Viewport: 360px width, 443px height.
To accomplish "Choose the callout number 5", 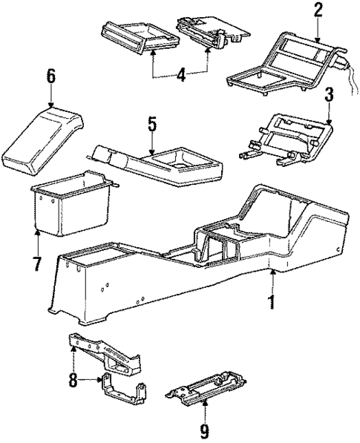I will click(151, 123).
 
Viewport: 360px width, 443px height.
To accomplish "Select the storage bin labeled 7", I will click(71, 208).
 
